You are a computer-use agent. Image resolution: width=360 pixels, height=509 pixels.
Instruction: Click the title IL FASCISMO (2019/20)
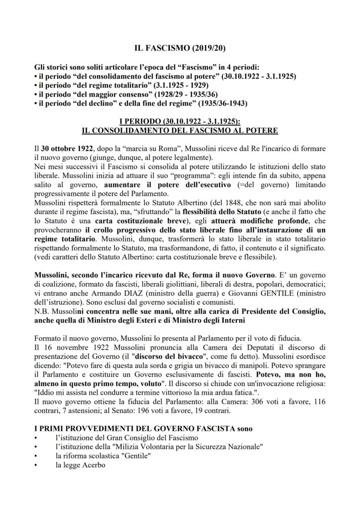tap(180, 50)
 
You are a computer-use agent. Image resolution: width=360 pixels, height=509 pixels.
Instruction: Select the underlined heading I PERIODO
tap(180, 121)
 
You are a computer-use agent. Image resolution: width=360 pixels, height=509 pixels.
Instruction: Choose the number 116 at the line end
tap(319, 402)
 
